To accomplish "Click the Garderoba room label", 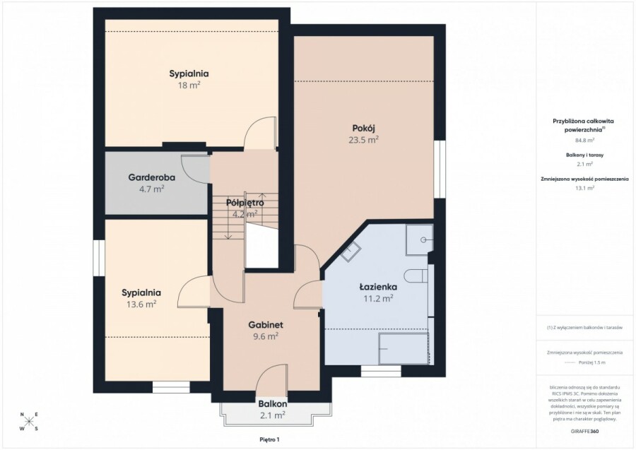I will (x=146, y=177).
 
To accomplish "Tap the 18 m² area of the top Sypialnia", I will (x=189, y=85).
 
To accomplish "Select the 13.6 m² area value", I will (x=141, y=304).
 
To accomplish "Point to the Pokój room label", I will (x=363, y=128).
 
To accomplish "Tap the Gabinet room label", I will (x=265, y=324).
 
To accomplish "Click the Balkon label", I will (x=272, y=403).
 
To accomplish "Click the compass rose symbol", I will (x=28, y=422).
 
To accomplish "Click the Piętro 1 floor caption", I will (x=269, y=440).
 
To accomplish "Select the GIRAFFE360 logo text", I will (x=584, y=430).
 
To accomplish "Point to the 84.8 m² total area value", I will (x=583, y=141).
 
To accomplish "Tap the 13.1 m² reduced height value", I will (x=583, y=189).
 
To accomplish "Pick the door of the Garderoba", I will (x=195, y=164).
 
